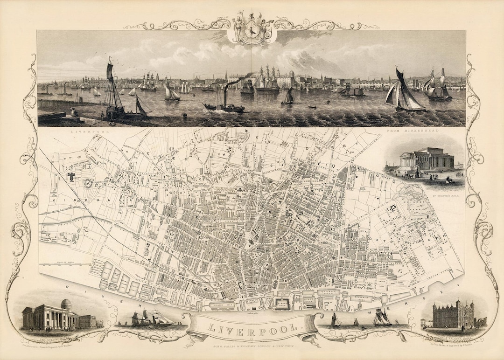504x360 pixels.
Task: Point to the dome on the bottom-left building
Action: click(66, 304)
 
